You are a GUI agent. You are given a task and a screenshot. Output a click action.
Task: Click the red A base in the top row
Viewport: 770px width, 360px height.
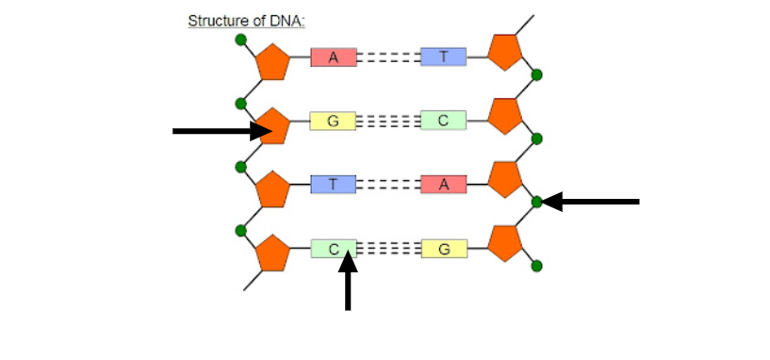pyautogui.click(x=334, y=57)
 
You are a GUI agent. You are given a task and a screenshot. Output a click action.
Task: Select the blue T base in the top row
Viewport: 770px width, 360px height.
pyautogui.click(x=444, y=57)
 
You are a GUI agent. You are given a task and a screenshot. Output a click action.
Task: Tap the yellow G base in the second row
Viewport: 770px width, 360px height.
pyautogui.click(x=333, y=121)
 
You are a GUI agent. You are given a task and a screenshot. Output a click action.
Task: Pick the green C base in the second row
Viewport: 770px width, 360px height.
pyautogui.click(x=444, y=121)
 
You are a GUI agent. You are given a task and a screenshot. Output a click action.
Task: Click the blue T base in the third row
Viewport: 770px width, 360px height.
pyautogui.click(x=334, y=184)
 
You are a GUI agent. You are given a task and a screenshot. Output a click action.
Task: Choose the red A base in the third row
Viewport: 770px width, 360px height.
pyautogui.click(x=444, y=184)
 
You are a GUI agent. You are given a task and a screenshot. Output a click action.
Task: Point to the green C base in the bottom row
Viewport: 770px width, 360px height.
pyautogui.click(x=334, y=249)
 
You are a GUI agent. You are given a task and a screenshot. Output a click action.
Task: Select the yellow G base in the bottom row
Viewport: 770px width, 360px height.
pyautogui.click(x=444, y=249)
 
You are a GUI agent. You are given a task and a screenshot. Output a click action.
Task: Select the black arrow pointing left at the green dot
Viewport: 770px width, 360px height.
pyautogui.click(x=590, y=202)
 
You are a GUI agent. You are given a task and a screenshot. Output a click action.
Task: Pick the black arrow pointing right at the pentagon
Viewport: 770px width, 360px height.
pyautogui.click(x=222, y=131)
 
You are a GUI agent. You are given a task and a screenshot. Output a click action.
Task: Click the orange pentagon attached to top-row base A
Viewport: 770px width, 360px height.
pyautogui.click(x=273, y=62)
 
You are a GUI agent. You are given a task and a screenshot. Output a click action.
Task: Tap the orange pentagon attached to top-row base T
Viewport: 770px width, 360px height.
pyautogui.click(x=505, y=52)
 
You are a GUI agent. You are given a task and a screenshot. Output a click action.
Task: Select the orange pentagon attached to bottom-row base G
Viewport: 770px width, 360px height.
pyautogui.click(x=505, y=243)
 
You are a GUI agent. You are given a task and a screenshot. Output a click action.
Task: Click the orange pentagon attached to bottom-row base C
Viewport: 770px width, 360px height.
pyautogui.click(x=273, y=253)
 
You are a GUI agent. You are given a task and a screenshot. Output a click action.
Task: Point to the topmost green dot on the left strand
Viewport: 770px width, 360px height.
pyautogui.click(x=240, y=40)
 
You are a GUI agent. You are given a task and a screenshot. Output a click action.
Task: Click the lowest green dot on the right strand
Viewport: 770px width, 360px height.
pyautogui.click(x=537, y=266)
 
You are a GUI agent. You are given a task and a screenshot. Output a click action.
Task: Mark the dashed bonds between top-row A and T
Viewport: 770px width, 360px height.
pyautogui.click(x=388, y=57)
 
